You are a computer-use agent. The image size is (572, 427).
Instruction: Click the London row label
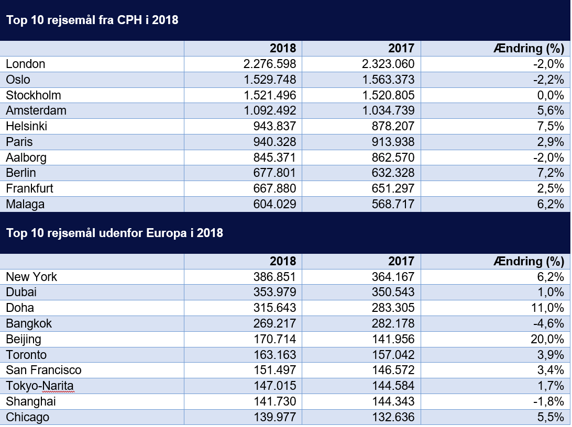(x=26, y=64)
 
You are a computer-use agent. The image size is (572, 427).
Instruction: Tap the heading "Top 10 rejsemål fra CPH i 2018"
(x=92, y=20)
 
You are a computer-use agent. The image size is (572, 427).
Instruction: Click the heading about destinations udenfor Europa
(x=115, y=233)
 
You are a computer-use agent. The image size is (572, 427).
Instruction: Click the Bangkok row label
(x=29, y=324)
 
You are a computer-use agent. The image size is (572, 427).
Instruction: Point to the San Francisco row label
(x=43, y=370)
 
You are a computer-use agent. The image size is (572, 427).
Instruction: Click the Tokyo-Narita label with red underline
(x=40, y=386)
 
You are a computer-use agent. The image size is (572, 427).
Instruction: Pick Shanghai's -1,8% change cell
(x=548, y=402)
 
